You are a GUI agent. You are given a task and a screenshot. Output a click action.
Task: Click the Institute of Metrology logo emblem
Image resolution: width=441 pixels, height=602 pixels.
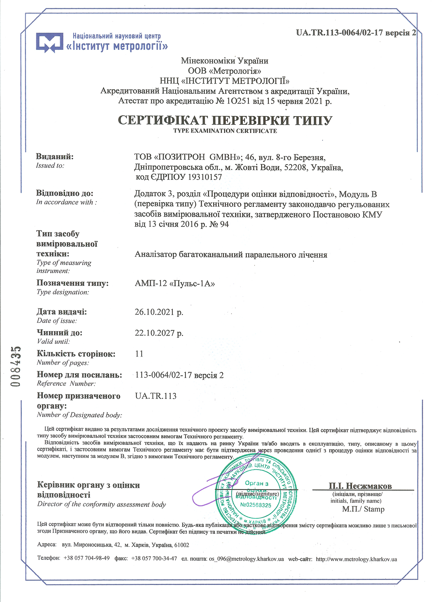coord(49,43)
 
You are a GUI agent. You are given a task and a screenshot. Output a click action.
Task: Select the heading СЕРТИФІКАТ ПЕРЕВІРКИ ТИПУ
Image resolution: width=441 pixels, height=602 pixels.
coord(225,120)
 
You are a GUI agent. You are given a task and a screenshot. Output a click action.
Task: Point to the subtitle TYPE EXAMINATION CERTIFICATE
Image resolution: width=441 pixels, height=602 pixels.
coord(225,131)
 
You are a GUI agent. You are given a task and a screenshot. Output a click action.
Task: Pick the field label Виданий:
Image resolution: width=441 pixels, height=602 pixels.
coord(55,156)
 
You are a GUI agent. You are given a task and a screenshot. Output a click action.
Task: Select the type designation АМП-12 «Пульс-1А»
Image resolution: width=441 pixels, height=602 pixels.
coord(175,283)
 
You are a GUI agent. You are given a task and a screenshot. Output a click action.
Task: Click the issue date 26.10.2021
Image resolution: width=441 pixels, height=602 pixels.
coord(159,312)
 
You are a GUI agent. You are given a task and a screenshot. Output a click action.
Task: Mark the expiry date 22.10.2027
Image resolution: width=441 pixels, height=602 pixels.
coord(159,333)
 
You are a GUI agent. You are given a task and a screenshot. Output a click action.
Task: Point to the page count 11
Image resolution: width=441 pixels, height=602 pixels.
coord(139,354)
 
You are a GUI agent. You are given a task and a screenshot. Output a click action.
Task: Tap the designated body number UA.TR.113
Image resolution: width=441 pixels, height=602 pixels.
coord(156,396)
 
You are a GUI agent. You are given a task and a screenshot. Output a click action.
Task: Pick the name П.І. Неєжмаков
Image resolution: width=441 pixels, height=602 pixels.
coord(360,486)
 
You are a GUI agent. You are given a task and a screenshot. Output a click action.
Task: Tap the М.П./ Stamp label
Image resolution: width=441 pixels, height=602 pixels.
coord(363,509)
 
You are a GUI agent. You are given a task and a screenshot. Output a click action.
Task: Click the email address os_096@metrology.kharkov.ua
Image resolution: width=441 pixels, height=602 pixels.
coord(246,559)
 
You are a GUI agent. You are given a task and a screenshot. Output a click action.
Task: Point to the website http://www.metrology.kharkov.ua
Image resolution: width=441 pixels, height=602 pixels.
coord(356,559)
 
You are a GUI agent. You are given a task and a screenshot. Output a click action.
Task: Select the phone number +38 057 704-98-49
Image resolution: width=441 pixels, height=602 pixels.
coord(86,558)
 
